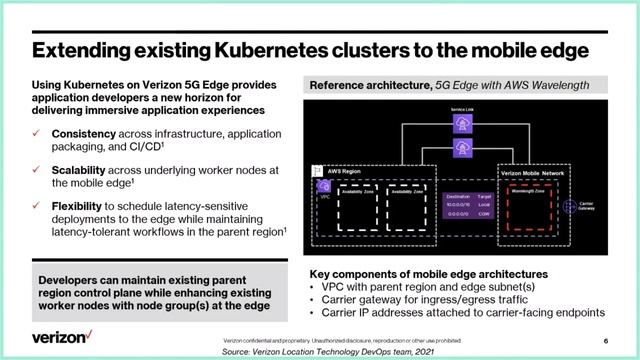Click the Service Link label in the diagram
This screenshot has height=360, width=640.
pos(462,109)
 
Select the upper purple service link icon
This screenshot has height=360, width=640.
pos(462,124)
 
